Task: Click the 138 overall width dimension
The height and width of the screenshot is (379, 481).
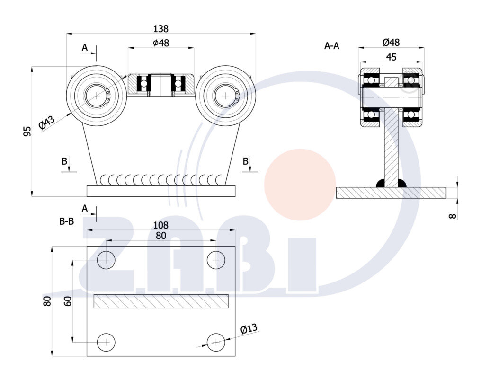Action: [161, 29]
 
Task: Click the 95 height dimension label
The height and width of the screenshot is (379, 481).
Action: [27, 131]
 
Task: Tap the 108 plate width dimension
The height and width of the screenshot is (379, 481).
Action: [161, 225]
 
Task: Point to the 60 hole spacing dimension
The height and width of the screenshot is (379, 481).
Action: [67, 301]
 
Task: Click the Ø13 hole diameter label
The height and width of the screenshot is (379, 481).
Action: [249, 329]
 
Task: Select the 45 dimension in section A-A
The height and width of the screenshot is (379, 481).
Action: [391, 57]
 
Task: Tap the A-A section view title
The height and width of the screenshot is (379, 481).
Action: [331, 46]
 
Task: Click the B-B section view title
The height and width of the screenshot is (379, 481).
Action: [66, 221]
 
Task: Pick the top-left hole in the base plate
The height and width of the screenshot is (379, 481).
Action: [106, 260]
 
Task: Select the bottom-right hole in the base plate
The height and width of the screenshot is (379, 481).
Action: [216, 342]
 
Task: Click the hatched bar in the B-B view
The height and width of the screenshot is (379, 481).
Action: [161, 301]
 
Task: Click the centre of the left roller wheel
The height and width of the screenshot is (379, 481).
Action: [97, 96]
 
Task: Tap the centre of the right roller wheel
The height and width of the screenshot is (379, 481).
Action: [225, 96]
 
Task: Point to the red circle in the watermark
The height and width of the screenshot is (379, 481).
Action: [300, 185]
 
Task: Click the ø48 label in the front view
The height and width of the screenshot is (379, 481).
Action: [161, 43]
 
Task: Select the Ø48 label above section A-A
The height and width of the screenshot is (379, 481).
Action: [391, 43]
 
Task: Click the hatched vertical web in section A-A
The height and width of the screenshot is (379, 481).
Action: [391, 147]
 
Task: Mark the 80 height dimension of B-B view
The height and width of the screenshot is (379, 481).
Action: [47, 301]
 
